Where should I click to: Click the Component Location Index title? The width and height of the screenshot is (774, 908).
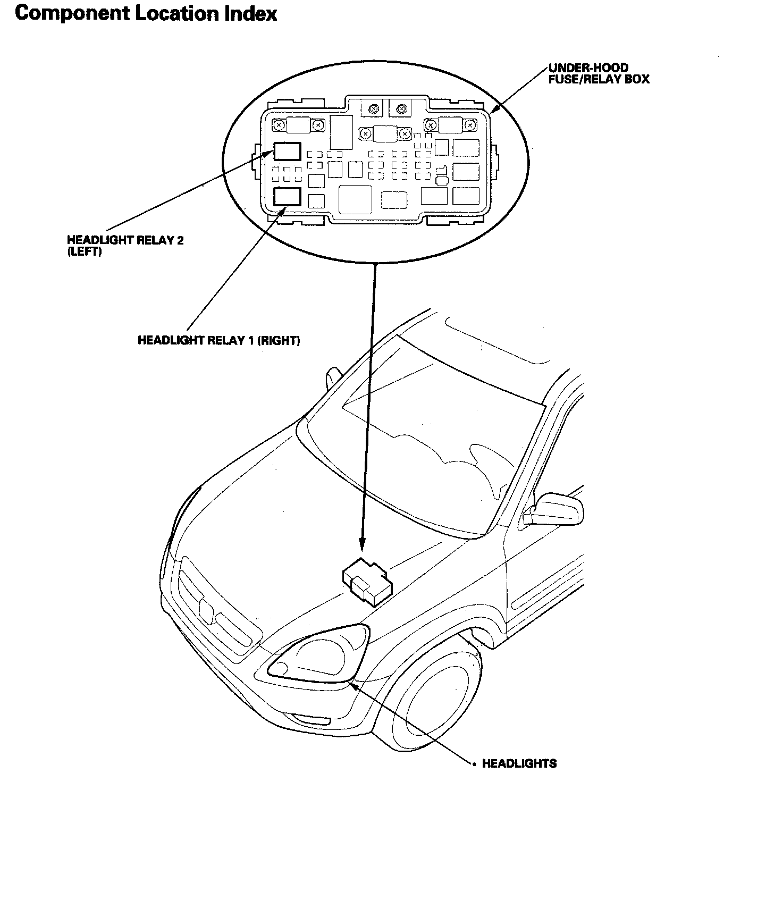click(146, 14)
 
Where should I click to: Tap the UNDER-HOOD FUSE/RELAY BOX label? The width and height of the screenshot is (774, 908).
click(599, 73)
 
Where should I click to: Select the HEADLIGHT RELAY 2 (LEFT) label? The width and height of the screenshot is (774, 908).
click(125, 245)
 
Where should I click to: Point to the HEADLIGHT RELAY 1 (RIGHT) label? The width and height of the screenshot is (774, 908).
click(218, 340)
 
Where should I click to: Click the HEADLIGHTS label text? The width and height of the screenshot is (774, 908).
click(519, 763)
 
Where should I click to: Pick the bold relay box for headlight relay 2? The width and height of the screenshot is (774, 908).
click(287, 152)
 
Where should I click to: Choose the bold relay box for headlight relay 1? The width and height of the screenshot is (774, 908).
click(287, 197)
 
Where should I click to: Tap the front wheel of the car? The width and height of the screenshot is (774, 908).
click(436, 707)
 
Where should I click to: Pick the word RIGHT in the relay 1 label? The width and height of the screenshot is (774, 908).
click(279, 340)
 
